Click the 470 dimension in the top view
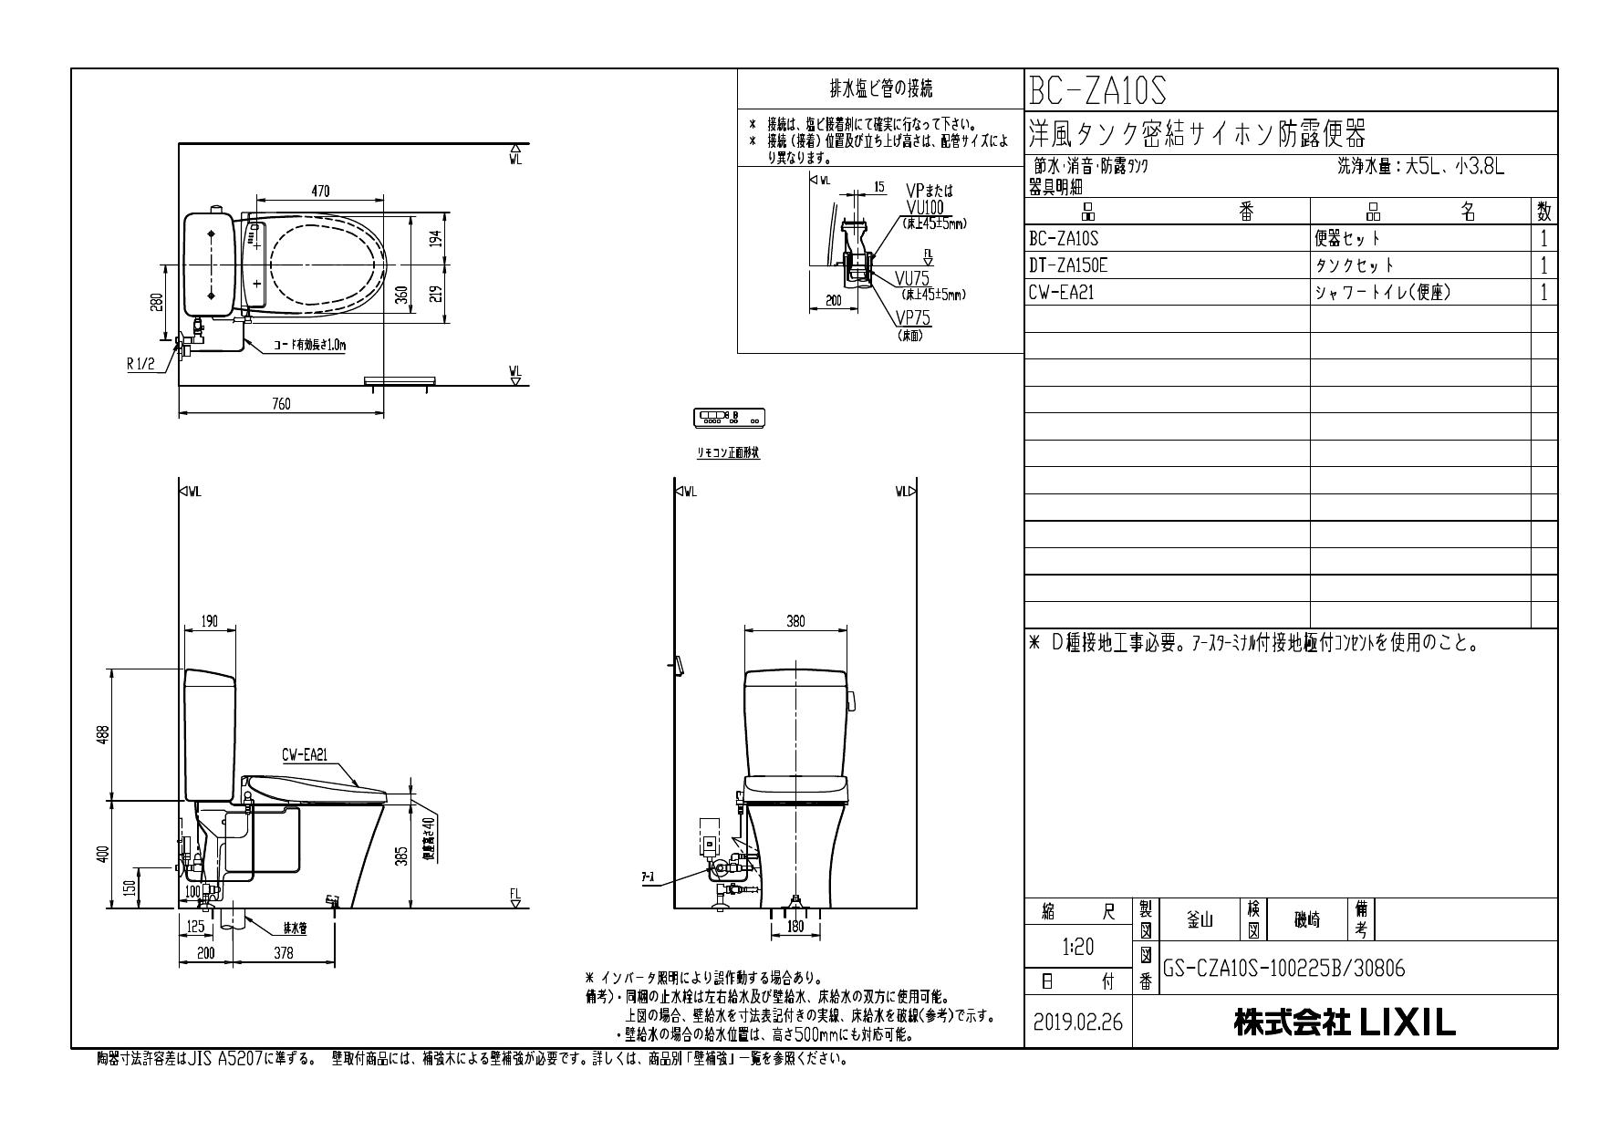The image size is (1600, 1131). (320, 192)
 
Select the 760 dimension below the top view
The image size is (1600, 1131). (281, 404)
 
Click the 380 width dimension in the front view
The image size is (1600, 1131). (795, 621)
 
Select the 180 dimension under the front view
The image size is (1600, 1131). (795, 928)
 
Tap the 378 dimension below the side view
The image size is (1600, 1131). (284, 953)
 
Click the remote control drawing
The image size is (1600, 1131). (730, 419)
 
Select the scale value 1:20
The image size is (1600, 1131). (1078, 948)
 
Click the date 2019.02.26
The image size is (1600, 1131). (1078, 1022)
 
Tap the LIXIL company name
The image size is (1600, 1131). (1345, 1023)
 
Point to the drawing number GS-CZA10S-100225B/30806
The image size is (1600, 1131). (1284, 969)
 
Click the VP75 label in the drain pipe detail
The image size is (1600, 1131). (912, 318)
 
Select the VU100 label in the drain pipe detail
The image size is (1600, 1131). (925, 207)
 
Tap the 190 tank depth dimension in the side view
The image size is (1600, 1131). (210, 621)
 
